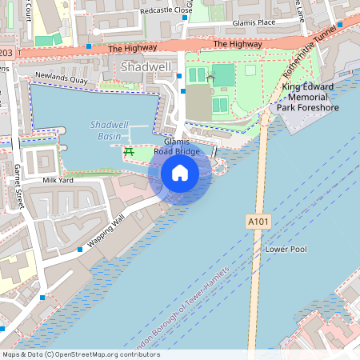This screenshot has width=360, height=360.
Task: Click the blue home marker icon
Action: (180, 173)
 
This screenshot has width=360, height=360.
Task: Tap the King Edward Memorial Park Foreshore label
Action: (308, 97)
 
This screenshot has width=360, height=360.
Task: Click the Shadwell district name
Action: (146, 67)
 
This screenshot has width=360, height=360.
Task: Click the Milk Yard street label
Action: (58, 181)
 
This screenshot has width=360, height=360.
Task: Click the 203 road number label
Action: (6, 54)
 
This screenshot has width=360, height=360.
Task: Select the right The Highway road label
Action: (238, 44)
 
